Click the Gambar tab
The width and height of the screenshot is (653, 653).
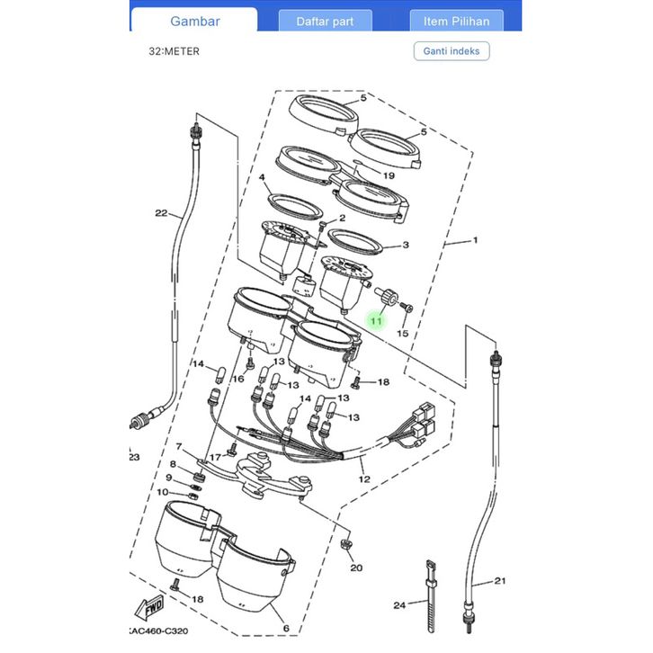click(x=194, y=21)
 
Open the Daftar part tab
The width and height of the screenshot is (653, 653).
click(x=325, y=22)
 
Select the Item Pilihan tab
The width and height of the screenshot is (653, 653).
click(x=456, y=22)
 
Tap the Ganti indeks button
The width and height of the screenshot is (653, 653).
click(x=452, y=51)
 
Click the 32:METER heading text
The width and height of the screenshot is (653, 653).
click(x=174, y=51)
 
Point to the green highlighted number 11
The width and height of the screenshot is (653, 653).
click(x=376, y=321)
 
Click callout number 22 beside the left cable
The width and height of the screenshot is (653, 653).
click(x=161, y=213)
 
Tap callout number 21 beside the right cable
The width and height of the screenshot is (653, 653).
click(x=500, y=580)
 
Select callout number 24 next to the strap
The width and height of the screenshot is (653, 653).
click(x=399, y=604)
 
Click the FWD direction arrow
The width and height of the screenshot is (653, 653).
click(x=149, y=608)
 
